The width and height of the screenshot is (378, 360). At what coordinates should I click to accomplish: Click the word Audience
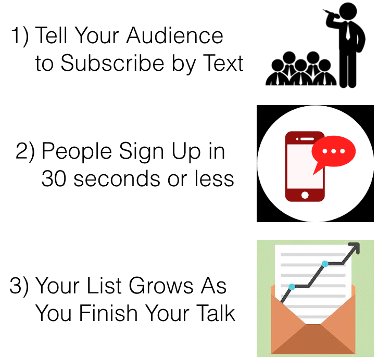175,35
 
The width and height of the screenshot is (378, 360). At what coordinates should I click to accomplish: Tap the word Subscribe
112,63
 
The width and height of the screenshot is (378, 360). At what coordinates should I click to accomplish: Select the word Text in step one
223,63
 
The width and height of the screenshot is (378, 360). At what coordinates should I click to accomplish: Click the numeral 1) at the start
20,36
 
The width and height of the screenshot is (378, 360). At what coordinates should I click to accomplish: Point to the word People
77,152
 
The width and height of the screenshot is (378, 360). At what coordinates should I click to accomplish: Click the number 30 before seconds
54,178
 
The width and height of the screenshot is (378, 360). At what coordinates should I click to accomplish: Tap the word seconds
117,178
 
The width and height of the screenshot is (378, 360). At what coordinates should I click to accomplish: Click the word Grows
161,286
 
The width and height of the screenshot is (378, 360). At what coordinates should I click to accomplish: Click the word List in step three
104,286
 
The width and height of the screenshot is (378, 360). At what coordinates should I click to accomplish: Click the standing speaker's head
348,11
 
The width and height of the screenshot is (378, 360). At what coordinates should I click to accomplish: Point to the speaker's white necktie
348,31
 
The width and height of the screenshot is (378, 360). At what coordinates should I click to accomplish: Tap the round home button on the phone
305,195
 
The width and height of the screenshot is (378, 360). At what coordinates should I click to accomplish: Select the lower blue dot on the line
292,287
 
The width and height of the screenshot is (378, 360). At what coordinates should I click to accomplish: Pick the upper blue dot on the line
325,264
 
